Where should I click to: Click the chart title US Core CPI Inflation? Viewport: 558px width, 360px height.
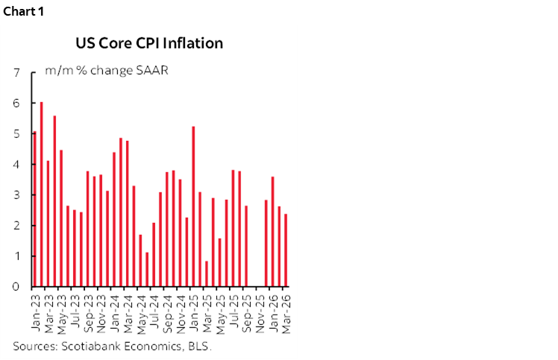click(149, 43)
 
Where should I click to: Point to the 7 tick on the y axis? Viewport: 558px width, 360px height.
click(16, 73)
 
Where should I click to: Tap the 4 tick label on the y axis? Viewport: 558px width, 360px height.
click(16, 165)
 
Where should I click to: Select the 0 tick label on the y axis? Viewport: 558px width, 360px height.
click(16, 287)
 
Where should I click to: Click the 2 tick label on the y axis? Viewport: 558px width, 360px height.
click(16, 226)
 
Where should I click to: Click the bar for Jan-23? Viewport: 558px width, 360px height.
click(34, 209)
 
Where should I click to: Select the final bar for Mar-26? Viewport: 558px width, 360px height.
click(286, 250)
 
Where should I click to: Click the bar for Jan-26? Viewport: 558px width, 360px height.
click(273, 232)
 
